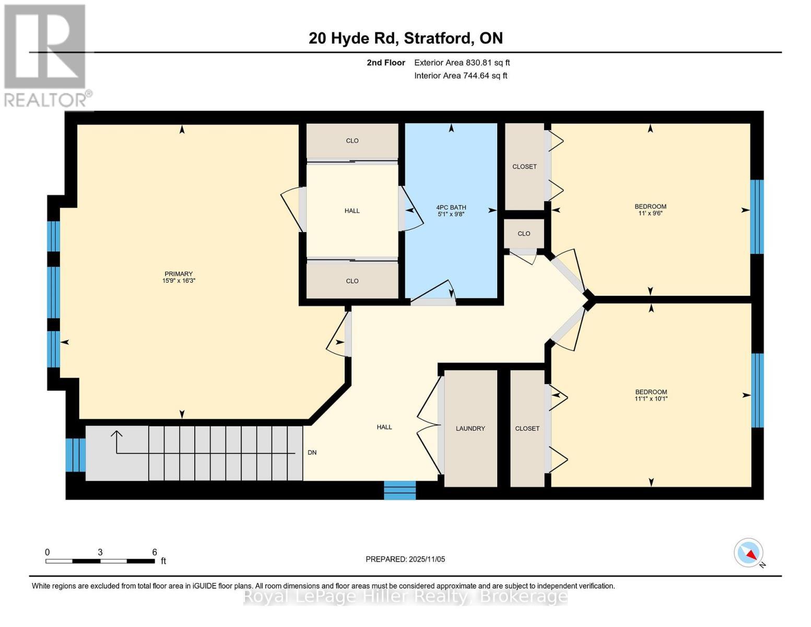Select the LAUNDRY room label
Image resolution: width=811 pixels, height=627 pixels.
tap(470, 428)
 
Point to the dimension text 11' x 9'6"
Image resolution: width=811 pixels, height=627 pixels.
tap(650, 213)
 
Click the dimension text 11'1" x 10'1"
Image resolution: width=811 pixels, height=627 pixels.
tap(651, 399)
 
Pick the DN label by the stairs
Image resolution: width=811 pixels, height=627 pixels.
tap(312, 452)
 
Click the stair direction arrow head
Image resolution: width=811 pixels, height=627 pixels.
tap(116, 434)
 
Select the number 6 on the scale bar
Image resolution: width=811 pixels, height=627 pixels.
tap(155, 552)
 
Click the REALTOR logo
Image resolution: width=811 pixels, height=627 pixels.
tap(46, 55)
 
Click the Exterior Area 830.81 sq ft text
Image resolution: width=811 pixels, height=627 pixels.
tap(462, 63)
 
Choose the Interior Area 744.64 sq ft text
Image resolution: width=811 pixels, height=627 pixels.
tap(461, 76)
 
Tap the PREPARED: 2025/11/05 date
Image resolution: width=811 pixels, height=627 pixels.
tap(405, 559)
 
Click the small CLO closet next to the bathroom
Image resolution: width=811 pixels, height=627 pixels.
tap(524, 234)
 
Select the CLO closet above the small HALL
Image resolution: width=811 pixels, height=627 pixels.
tap(352, 141)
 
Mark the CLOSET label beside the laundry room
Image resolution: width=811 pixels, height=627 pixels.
tap(527, 428)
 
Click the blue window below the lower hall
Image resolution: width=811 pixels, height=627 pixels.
tap(400, 490)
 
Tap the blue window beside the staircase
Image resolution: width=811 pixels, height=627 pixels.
tap(76, 455)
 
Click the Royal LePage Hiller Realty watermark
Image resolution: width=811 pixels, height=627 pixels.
tap(405, 596)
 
